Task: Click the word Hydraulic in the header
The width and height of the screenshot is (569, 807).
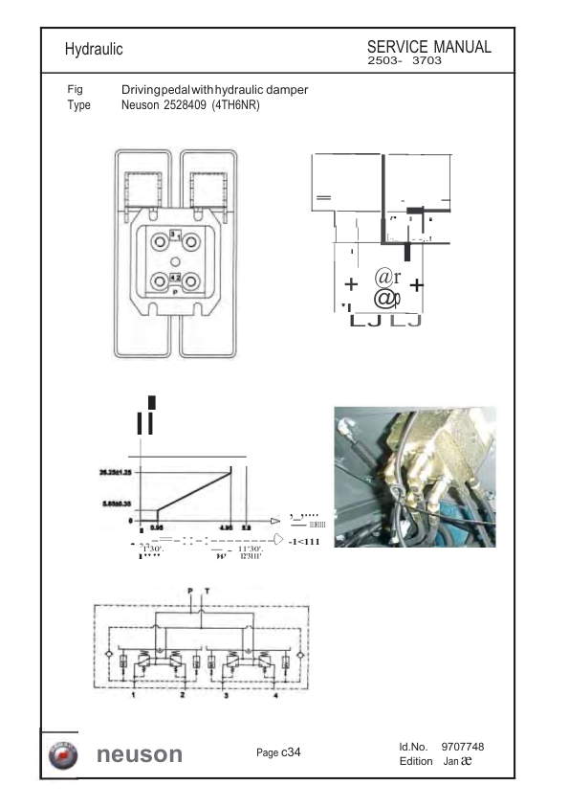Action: pyautogui.click(x=94, y=48)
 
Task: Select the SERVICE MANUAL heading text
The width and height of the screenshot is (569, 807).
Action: pyautogui.click(x=429, y=47)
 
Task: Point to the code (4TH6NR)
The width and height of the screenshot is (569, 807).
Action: pyautogui.click(x=236, y=105)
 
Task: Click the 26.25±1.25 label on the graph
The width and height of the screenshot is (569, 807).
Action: pyautogui.click(x=116, y=472)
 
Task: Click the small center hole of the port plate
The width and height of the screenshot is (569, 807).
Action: pyautogui.click(x=174, y=261)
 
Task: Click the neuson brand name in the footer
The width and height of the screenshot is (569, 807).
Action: pyautogui.click(x=140, y=754)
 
